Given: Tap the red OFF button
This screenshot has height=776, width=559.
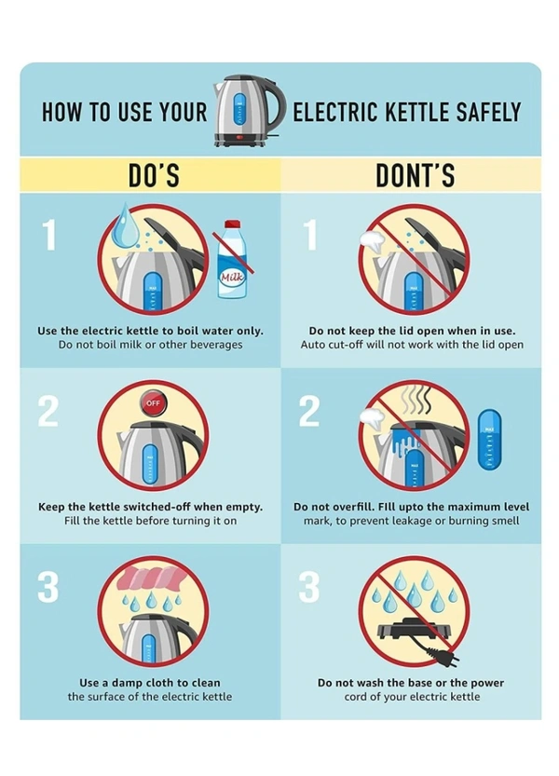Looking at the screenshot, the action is (153, 402).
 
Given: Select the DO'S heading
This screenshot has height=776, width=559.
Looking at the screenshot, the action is (154, 175).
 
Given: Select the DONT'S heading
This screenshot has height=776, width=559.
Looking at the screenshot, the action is (415, 175).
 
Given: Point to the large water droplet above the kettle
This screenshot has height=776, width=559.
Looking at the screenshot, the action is (123, 225).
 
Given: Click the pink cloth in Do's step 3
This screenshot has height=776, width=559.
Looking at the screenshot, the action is (152, 578).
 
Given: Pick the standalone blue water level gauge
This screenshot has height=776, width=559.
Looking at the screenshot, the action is (489, 440).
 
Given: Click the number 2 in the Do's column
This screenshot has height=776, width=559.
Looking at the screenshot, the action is (48, 411).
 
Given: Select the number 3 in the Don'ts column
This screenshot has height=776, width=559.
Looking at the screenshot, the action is (309, 587).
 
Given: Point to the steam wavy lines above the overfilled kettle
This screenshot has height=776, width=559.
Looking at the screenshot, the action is (416, 401).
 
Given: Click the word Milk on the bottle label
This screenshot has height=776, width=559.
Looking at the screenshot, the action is (232, 278).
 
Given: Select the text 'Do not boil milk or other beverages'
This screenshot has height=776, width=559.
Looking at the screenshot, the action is (151, 345).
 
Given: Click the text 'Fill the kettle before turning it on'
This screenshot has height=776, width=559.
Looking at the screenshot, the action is (151, 521).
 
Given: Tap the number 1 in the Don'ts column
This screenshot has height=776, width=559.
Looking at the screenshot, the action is (310, 235).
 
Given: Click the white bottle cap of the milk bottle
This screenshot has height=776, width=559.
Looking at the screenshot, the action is (232, 224).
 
